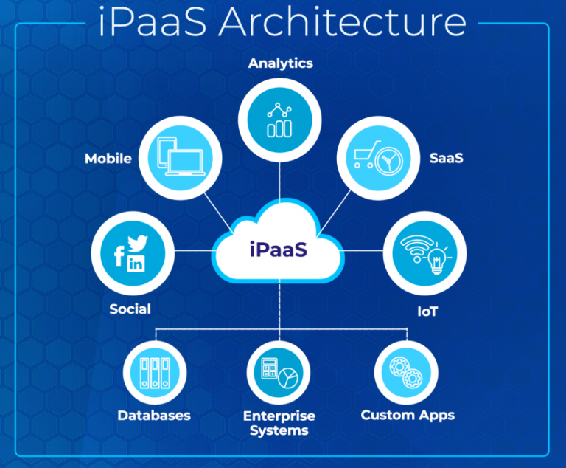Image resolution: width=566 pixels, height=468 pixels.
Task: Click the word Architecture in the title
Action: click(342, 22)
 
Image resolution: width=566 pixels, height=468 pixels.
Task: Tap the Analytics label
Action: click(281, 63)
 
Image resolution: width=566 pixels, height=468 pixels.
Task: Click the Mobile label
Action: click(108, 159)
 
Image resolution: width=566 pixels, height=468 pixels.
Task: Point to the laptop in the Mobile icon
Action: click(186, 162)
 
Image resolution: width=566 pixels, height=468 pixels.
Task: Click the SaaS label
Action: click(446, 158)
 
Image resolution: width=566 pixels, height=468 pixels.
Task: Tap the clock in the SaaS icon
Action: click(389, 161)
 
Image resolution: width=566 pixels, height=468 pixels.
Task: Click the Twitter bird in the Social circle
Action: click(138, 243)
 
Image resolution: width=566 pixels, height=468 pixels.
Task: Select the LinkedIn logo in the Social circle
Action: click(136, 264)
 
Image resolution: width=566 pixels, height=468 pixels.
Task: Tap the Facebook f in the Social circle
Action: click(119, 256)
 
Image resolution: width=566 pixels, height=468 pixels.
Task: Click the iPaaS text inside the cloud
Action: click(279, 250)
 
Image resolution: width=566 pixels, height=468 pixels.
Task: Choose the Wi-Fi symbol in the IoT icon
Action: click(417, 248)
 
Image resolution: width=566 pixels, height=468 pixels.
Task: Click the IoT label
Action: click(427, 312)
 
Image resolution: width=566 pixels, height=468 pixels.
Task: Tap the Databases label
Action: click(154, 416)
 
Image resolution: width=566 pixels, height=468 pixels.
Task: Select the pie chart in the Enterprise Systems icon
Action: click(288, 378)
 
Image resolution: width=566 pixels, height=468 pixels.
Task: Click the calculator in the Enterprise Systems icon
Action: click(270, 368)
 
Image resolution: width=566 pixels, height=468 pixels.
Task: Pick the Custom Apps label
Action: click(408, 416)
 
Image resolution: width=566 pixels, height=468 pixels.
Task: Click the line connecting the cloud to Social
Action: click(193, 251)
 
